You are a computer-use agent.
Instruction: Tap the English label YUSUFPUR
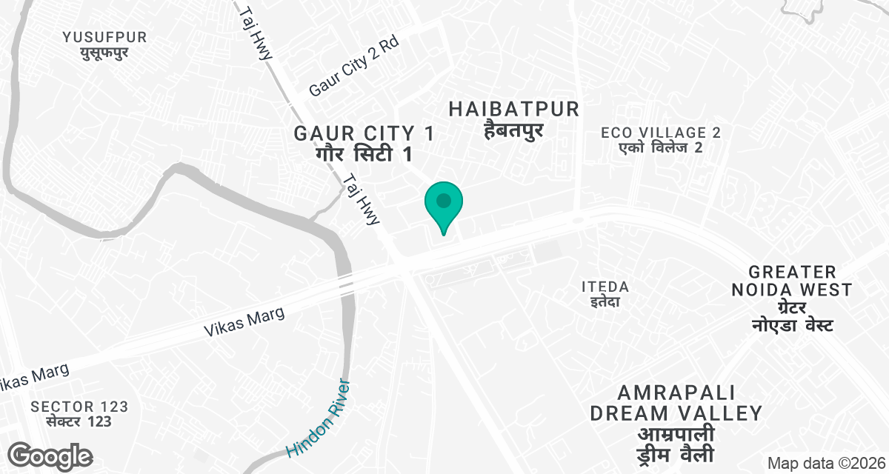(x=104, y=37)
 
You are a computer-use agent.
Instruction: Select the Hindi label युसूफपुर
(x=104, y=53)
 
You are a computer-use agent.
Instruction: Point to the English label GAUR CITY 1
(x=364, y=134)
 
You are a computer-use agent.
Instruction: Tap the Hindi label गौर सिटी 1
(x=364, y=155)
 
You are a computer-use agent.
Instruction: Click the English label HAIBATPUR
(x=514, y=110)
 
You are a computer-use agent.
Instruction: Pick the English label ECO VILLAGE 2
(x=661, y=133)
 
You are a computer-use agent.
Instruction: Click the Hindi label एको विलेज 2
(x=661, y=147)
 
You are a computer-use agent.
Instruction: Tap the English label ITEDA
(x=605, y=287)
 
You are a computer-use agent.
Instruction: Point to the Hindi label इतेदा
(x=605, y=301)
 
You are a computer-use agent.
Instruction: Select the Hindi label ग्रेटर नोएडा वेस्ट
(x=793, y=316)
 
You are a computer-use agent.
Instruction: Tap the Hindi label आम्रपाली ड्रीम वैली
(x=676, y=444)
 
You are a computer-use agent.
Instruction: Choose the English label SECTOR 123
(x=79, y=407)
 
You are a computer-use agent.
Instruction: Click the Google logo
(x=51, y=455)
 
